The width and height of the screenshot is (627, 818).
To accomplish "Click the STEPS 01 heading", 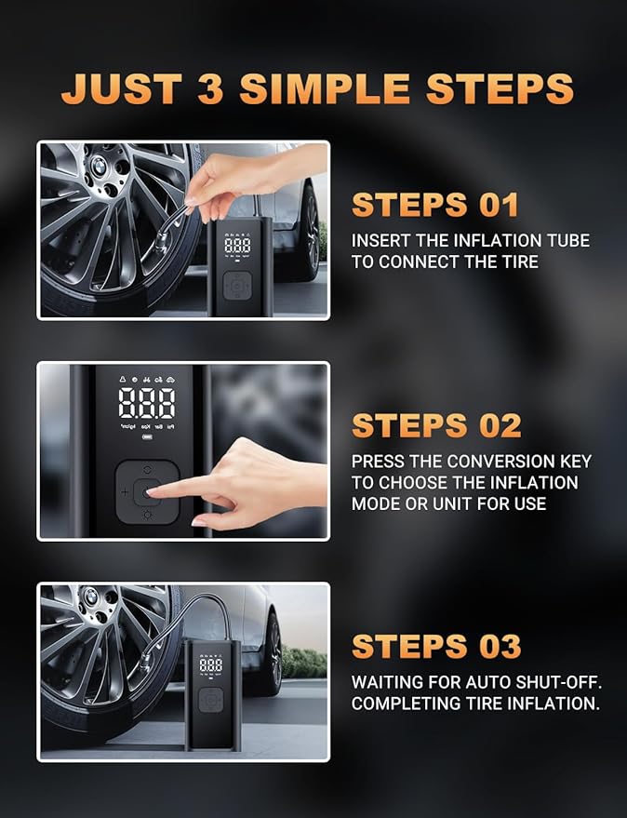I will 434,205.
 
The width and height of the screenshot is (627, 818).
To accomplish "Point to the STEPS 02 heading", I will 436,425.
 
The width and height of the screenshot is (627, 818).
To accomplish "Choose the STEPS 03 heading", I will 436,646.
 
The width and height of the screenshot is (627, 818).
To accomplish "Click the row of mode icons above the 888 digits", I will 147,380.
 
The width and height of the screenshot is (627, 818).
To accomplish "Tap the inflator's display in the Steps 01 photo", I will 237,246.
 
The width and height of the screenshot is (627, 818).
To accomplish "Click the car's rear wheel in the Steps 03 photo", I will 272,652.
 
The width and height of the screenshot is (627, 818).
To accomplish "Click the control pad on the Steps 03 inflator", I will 210,700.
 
